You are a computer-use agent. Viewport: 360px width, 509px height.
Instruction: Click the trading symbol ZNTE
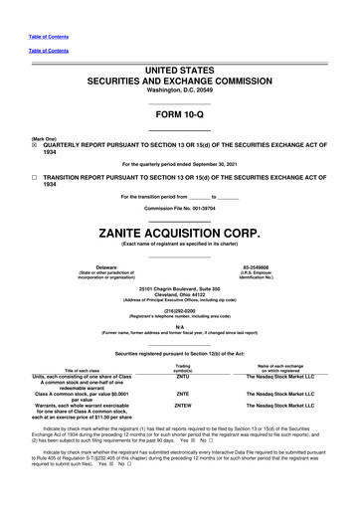[x=183, y=396]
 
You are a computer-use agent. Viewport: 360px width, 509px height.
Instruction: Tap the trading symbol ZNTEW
[x=183, y=414]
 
